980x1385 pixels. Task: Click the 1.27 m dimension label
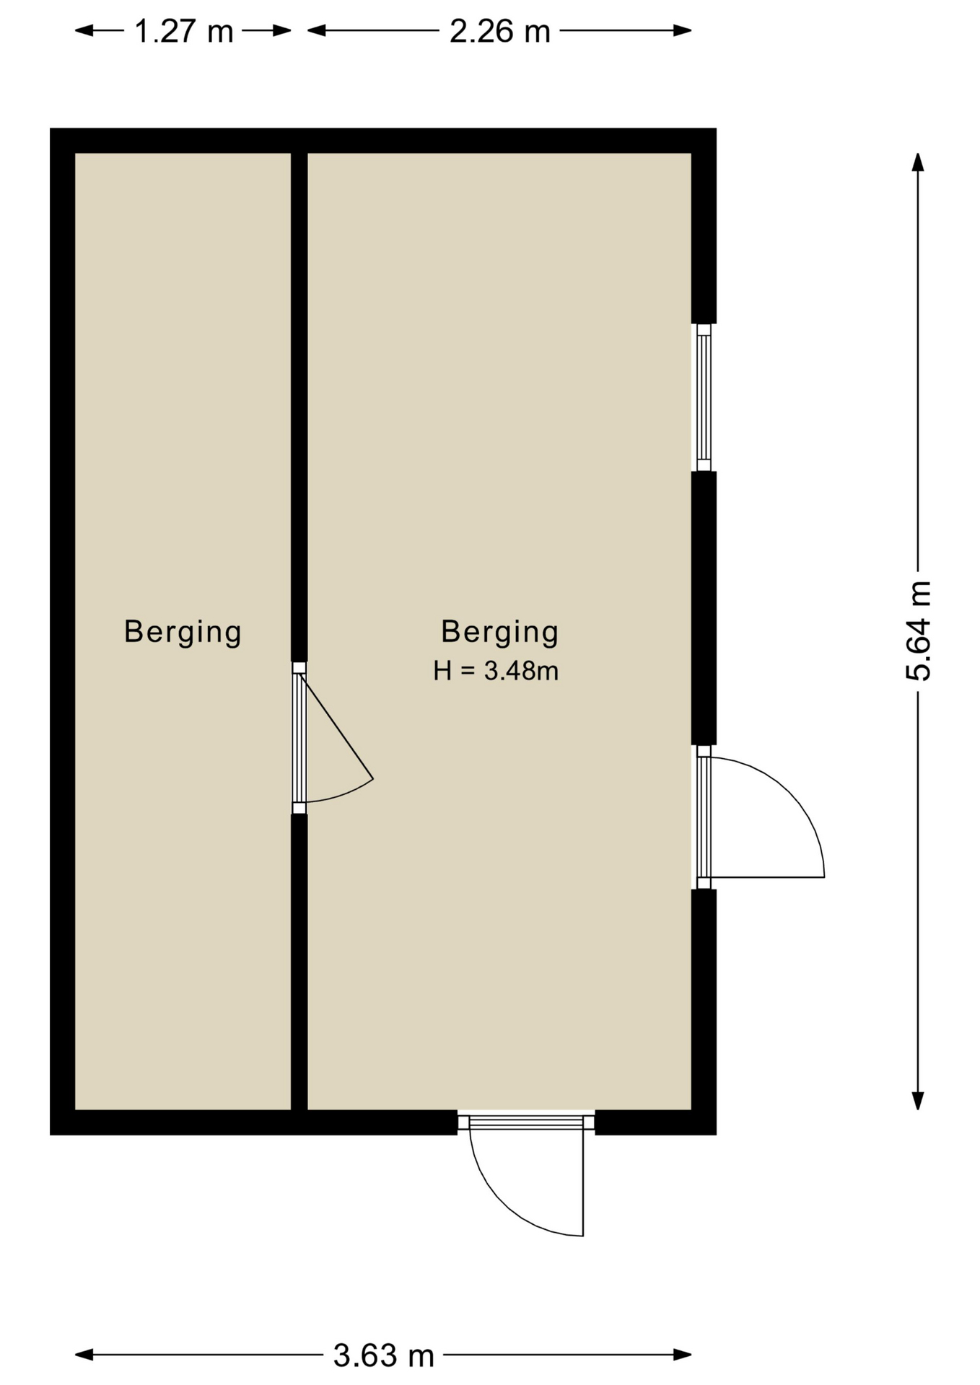pos(184,31)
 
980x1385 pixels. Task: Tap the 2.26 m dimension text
pos(499,31)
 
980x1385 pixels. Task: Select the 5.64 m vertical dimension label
pos(919,631)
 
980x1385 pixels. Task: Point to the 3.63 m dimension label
pos(383,1356)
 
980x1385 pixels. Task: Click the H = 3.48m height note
pos(496,671)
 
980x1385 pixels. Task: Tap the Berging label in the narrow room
pos(183,632)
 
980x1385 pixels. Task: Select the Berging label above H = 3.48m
pos(499,632)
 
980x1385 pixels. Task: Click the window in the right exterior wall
pos(704,397)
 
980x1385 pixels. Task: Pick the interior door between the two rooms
pos(299,738)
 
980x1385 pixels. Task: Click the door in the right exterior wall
pos(704,817)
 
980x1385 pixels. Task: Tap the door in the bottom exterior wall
pos(526,1122)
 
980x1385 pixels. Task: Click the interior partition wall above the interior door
pos(299,407)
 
